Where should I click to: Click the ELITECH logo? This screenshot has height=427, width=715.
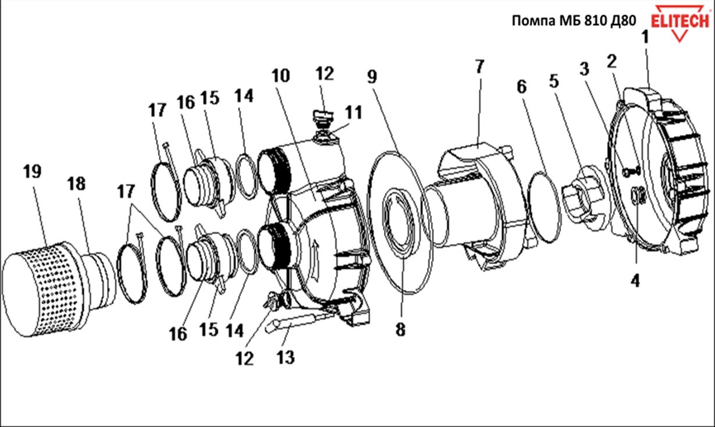[x=679, y=22]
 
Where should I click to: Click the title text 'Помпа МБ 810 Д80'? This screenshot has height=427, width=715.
[x=573, y=22]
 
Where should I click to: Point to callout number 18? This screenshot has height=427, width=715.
[x=76, y=184]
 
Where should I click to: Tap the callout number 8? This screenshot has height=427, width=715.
[x=400, y=329]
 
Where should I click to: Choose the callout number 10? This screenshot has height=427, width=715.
[x=280, y=76]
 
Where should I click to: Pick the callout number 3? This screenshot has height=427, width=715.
[x=584, y=69]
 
